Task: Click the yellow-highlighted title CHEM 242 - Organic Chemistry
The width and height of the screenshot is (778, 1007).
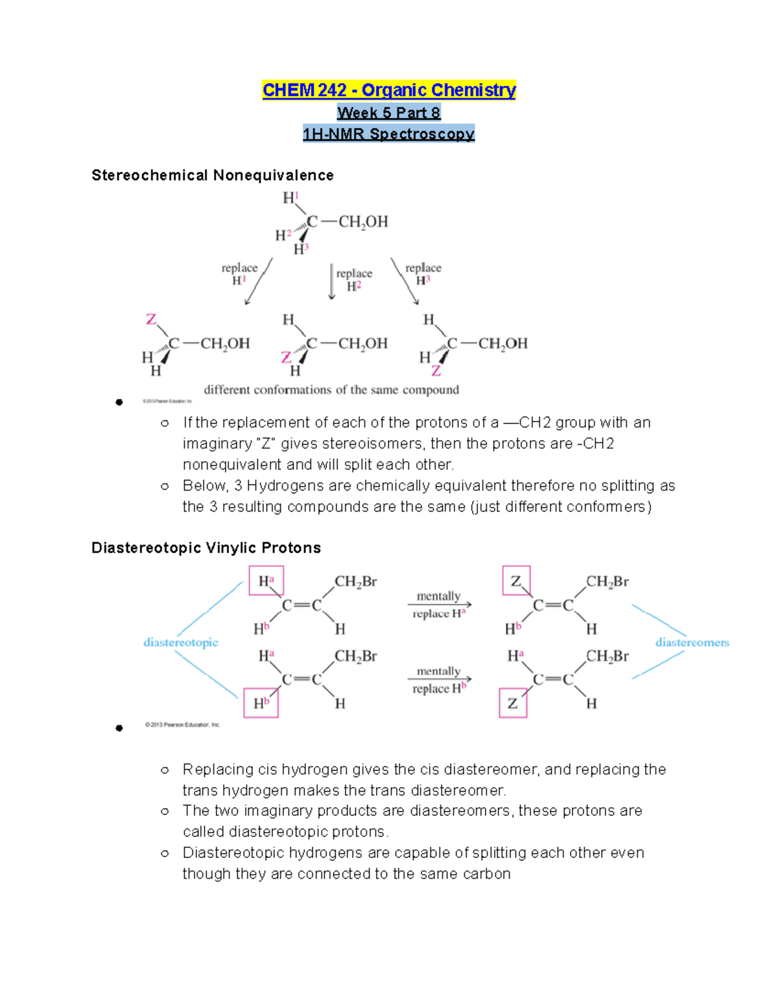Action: coord(388,89)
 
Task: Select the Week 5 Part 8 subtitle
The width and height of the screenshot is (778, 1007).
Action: coord(388,113)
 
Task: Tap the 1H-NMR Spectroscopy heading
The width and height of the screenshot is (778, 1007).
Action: coord(388,134)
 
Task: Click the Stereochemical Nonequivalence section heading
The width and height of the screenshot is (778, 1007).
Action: coord(213,175)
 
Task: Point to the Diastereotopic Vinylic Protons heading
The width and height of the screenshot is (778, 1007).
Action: coord(206,548)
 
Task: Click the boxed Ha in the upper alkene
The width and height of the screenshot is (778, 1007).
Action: coord(266,580)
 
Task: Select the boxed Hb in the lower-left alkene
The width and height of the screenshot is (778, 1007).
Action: coord(261,704)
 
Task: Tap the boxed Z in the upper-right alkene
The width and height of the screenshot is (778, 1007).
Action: coord(516,580)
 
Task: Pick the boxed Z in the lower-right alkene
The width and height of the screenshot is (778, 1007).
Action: coord(513,704)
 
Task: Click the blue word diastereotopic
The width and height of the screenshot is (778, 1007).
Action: coord(180,643)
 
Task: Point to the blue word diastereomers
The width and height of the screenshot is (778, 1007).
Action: coord(692,643)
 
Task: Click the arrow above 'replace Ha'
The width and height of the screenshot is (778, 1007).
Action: coord(439,605)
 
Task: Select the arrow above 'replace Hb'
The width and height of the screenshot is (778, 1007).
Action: coord(439,680)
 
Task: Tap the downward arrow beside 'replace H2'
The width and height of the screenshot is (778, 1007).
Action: coord(332,281)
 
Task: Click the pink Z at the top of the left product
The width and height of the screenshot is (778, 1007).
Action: coord(151,319)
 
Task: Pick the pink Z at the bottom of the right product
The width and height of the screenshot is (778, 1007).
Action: coord(436,371)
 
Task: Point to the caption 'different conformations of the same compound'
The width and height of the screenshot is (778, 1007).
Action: coord(331,390)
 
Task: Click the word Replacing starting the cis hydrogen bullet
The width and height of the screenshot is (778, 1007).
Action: coord(209,770)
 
